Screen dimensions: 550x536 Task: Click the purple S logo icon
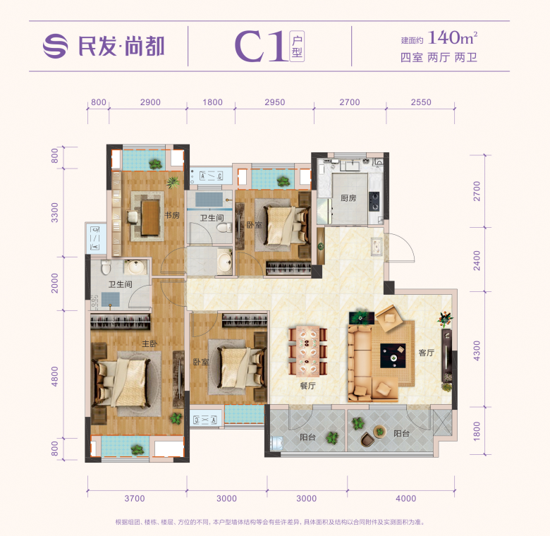(56, 46)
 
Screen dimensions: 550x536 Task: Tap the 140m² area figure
(453, 37)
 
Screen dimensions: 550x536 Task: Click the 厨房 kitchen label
(348, 198)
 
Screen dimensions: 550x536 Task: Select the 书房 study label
(172, 215)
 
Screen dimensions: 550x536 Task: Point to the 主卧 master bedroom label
(149, 344)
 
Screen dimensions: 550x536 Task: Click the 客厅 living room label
(427, 353)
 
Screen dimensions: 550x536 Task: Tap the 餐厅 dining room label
(307, 386)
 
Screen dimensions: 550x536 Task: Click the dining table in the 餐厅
(307, 351)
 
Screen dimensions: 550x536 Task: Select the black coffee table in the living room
(393, 355)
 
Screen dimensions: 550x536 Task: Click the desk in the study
(150, 217)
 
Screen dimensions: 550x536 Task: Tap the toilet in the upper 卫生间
(224, 229)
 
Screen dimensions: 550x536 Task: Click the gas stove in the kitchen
(374, 201)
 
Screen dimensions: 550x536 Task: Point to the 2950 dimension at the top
(275, 102)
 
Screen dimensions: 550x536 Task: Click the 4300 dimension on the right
(477, 351)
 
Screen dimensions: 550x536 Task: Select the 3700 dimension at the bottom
(135, 499)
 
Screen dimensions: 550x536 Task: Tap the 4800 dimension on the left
(55, 377)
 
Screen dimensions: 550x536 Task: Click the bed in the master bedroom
(123, 382)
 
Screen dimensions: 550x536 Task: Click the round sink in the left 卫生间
(135, 267)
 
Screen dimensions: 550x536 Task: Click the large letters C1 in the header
(260, 46)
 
